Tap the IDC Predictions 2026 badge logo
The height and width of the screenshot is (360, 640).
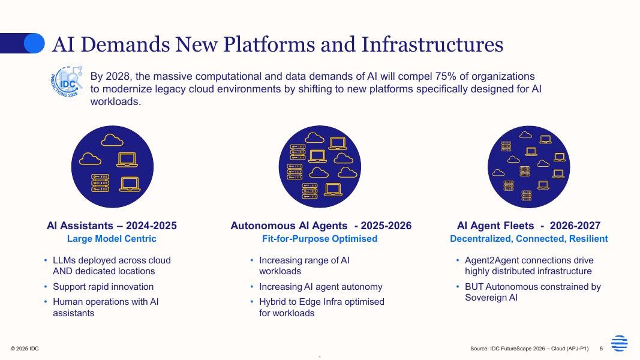point(67,82)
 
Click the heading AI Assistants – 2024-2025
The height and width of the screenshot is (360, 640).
point(112,226)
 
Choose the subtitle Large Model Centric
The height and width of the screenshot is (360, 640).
point(112,239)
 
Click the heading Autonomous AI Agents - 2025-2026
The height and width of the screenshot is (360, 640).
point(321,226)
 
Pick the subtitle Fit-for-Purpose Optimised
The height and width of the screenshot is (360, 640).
point(320,239)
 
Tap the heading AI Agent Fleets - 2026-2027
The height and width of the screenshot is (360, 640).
point(528,226)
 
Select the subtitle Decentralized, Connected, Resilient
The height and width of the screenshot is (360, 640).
point(528,239)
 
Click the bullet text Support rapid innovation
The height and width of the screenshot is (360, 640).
point(103,287)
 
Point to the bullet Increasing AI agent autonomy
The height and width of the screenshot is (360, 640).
point(321,287)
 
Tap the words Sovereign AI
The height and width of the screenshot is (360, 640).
point(491,298)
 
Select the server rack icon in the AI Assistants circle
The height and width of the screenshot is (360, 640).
point(100,183)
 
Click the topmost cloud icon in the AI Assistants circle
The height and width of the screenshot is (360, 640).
point(112,140)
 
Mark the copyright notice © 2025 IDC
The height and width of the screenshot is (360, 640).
point(25,349)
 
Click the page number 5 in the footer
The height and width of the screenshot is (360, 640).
point(601,349)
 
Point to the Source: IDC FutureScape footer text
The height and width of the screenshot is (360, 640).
point(530,349)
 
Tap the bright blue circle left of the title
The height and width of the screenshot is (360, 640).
point(34,43)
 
